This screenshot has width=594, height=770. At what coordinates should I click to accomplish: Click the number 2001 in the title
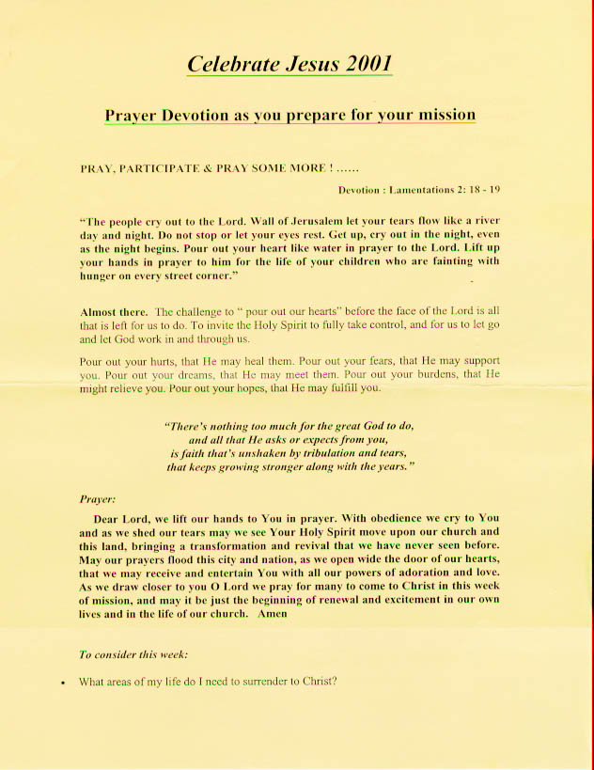tap(361, 64)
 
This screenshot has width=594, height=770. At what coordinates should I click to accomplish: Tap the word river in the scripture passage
tap(482, 224)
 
